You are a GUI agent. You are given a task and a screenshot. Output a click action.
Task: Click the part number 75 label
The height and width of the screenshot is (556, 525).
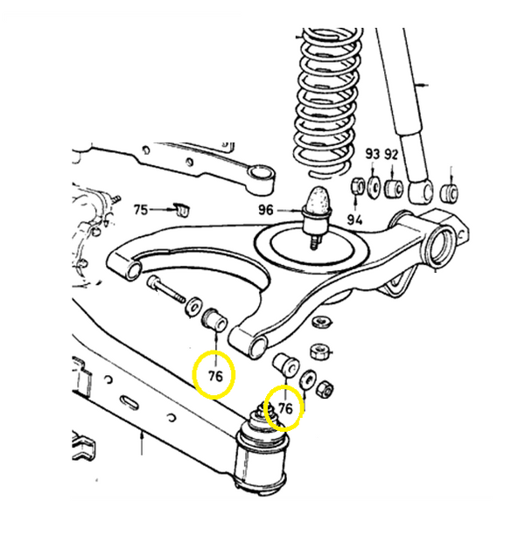pyautogui.click(x=141, y=210)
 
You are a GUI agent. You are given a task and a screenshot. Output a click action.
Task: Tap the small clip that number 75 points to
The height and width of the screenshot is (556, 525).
pyautogui.click(x=182, y=211)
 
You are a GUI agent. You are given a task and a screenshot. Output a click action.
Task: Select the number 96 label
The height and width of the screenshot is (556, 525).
pyautogui.click(x=266, y=210)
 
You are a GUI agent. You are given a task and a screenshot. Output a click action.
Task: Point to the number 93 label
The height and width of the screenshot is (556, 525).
pyautogui.click(x=373, y=155)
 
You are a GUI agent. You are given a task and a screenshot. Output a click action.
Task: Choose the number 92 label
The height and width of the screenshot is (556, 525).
pyautogui.click(x=392, y=155)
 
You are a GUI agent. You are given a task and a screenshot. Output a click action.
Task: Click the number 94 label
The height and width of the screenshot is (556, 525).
pyautogui.click(x=355, y=219)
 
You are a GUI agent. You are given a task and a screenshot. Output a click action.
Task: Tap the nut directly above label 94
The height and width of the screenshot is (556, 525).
pyautogui.click(x=356, y=187)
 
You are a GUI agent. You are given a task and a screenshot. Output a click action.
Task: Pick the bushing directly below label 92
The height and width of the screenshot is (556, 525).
pyautogui.click(x=393, y=187)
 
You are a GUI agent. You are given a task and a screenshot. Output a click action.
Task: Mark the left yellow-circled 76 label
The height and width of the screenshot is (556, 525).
pyautogui.click(x=216, y=377)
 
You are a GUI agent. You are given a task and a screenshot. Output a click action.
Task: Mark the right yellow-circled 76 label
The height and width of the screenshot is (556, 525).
pyautogui.click(x=285, y=407)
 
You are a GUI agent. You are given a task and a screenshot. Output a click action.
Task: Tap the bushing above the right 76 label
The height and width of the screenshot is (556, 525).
pyautogui.click(x=285, y=362)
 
